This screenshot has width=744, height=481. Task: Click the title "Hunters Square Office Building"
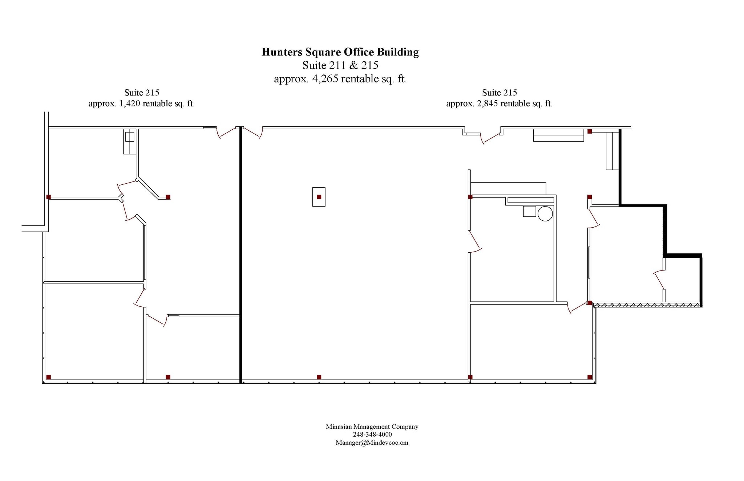coord(340,52)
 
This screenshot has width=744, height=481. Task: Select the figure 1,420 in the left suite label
coord(130,104)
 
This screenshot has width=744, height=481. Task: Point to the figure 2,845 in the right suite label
coord(488,104)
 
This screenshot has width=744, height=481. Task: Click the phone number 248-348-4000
coord(372,435)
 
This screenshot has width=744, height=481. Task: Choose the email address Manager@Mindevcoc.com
coord(372,443)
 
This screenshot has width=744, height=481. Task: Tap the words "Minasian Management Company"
coord(372,427)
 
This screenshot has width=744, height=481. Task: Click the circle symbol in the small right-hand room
coord(545,213)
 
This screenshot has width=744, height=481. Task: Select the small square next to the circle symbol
coord(529,211)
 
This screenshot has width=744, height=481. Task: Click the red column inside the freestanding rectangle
coord(319,197)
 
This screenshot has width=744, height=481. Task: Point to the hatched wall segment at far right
coord(647,305)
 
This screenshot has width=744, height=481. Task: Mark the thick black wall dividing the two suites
coord(240,255)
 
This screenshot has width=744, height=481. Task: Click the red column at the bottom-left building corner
coord(49,377)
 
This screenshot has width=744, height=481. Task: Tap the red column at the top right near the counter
coord(590,131)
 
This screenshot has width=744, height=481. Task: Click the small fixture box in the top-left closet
coord(130,137)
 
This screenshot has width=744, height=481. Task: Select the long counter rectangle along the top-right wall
coord(558,135)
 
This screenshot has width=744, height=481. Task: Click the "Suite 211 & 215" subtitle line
coord(340,65)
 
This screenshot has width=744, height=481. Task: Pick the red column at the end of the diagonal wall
coord(168,197)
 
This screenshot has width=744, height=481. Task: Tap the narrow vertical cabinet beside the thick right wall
coord(612,151)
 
